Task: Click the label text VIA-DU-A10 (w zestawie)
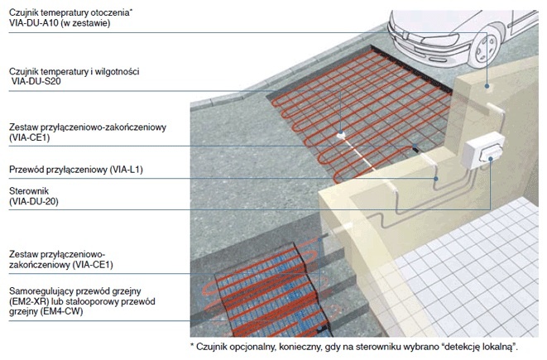[x=60, y=23]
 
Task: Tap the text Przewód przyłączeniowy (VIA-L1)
[x=76, y=170]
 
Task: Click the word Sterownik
[x=29, y=191]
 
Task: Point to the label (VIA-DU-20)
[x=34, y=202]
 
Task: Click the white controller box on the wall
[x=483, y=151]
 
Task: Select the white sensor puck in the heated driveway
[x=341, y=135]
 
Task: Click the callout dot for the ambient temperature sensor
[x=487, y=86]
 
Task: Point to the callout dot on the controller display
[x=490, y=159]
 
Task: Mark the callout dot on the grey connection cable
[x=436, y=179]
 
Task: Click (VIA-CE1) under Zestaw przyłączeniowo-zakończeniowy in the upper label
[x=30, y=137]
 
